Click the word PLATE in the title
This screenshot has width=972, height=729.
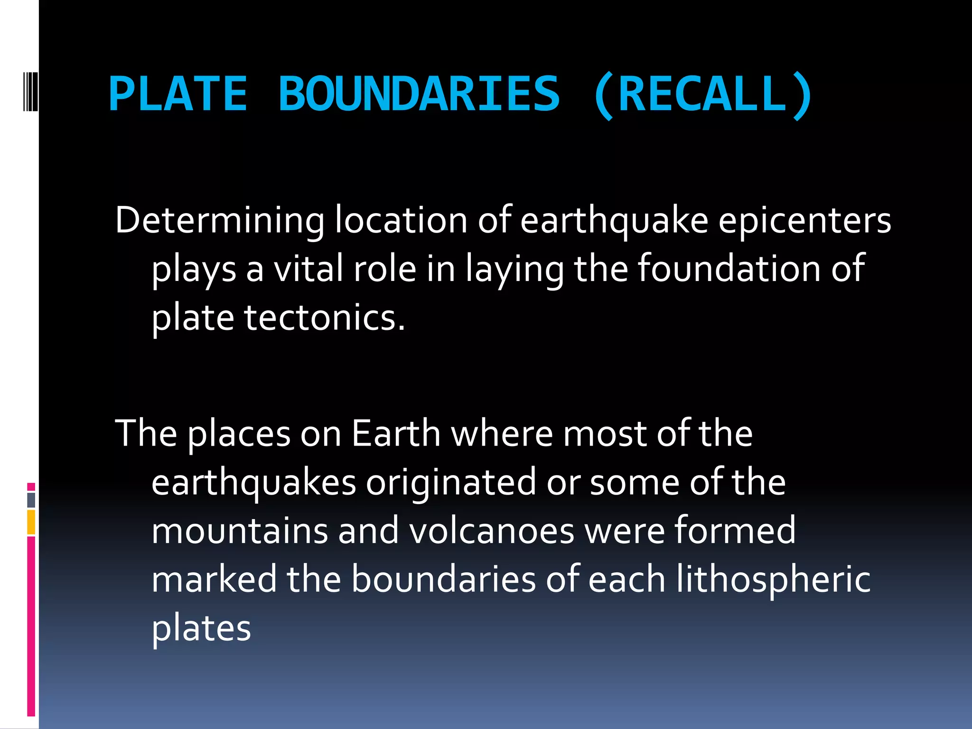tap(178, 94)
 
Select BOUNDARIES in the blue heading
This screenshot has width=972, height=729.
tap(420, 94)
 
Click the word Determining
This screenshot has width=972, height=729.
tap(220, 221)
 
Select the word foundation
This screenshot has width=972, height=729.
tap(728, 269)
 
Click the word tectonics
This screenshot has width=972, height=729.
tap(325, 318)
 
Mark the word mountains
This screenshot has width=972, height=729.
tap(240, 531)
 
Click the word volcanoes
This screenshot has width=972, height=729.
tap(492, 531)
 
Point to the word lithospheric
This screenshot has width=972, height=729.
tap(773, 580)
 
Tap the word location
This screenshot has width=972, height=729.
tap(401, 221)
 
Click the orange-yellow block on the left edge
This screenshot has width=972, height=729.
tap(31, 522)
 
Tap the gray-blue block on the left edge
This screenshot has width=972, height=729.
tap(31, 500)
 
